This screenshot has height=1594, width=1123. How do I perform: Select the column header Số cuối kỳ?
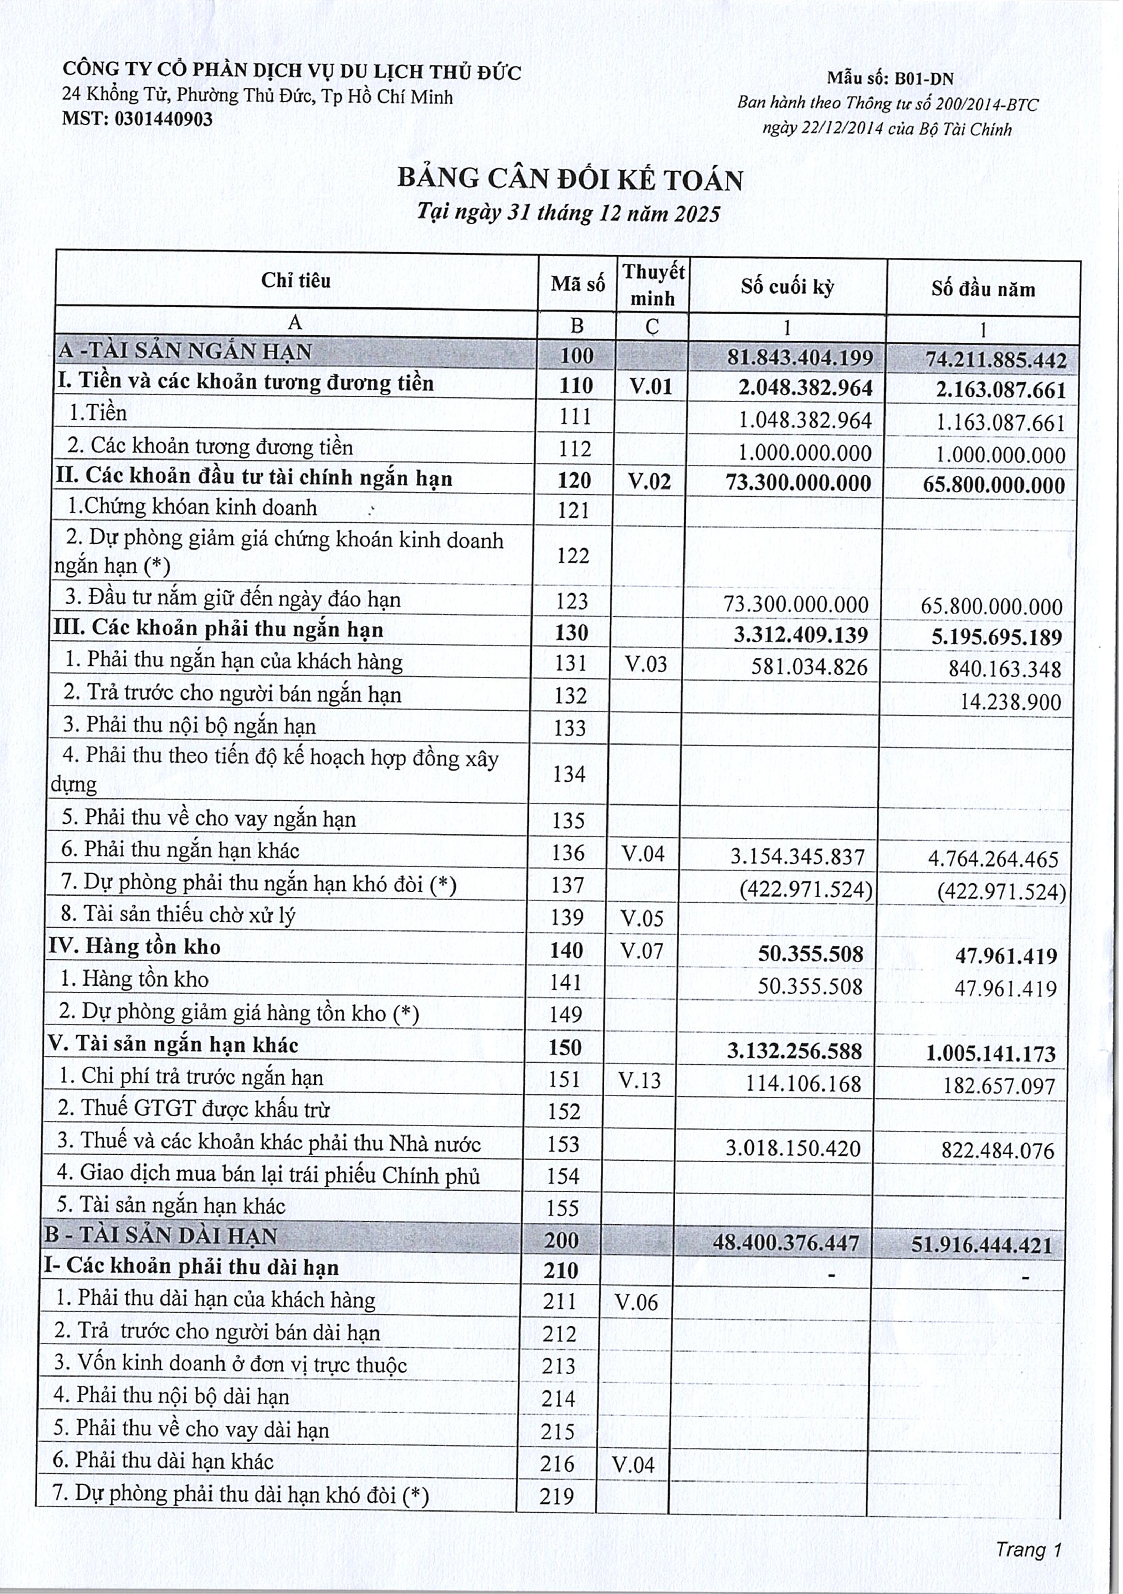787,287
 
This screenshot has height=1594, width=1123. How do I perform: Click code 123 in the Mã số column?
572,601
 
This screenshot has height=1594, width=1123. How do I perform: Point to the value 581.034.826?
809,667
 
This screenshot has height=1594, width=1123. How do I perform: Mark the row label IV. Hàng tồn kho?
134,947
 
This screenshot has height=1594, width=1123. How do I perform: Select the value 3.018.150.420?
793,1148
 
